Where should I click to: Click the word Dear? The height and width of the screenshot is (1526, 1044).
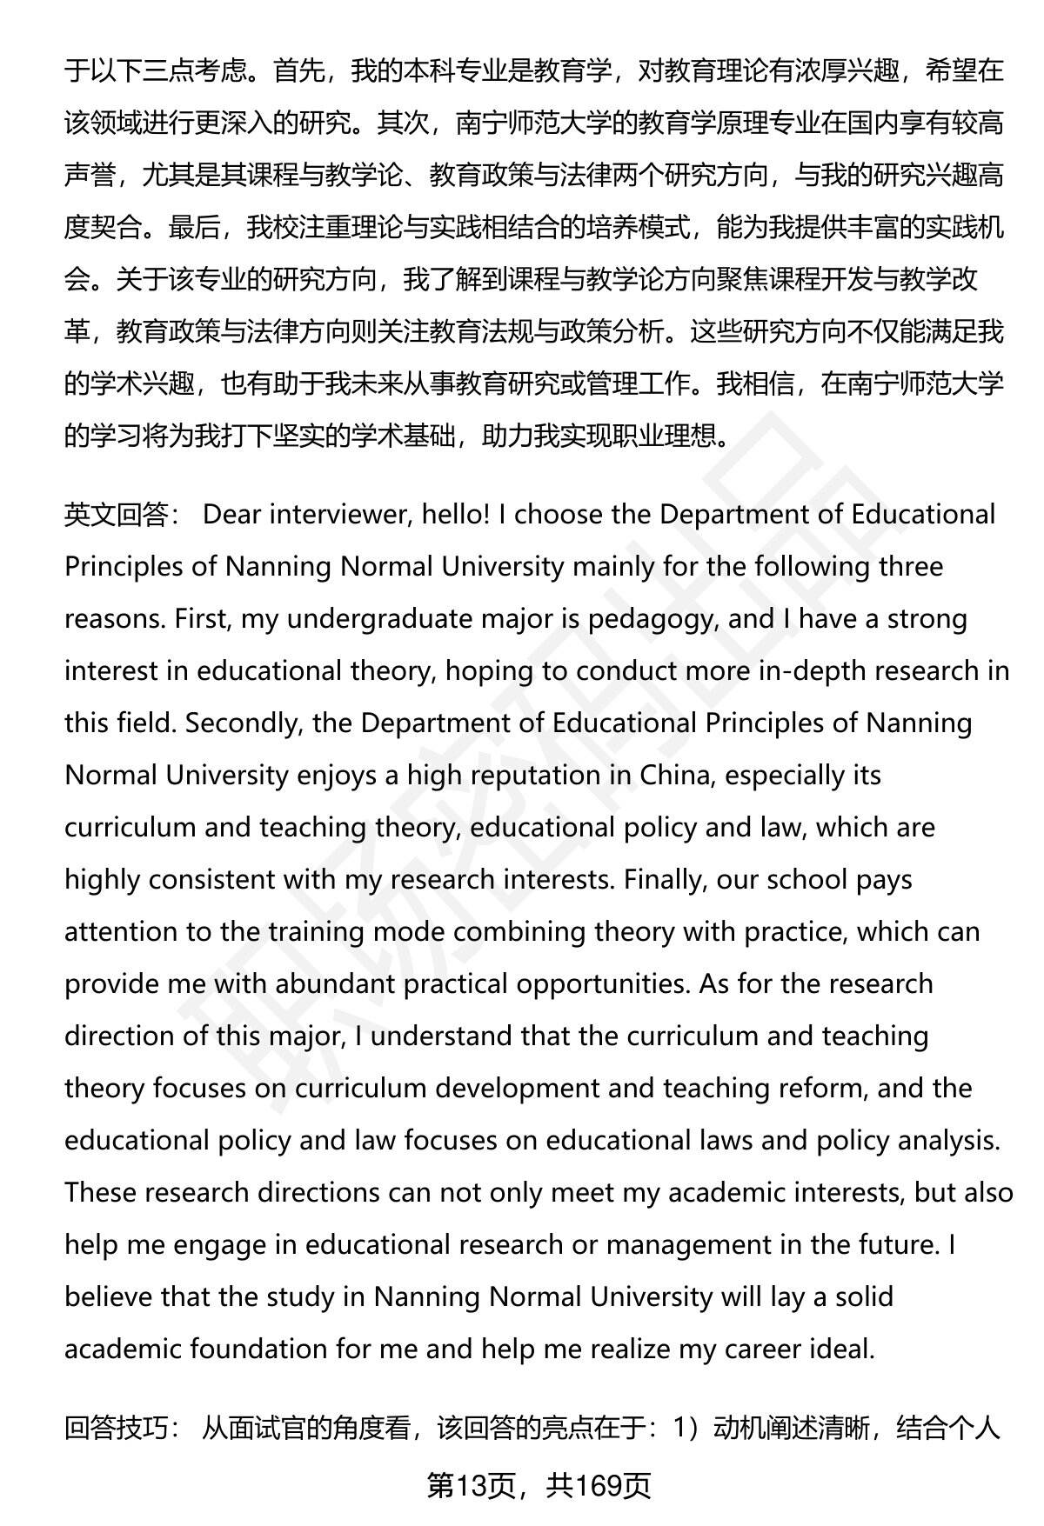pos(231,515)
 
